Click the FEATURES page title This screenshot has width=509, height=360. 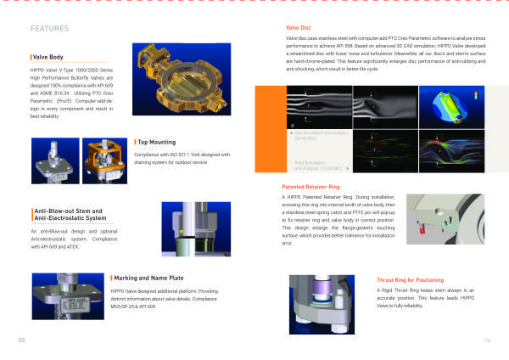tap(49, 29)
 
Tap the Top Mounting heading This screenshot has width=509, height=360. tap(157, 141)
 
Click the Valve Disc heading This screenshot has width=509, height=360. tap(301, 30)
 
